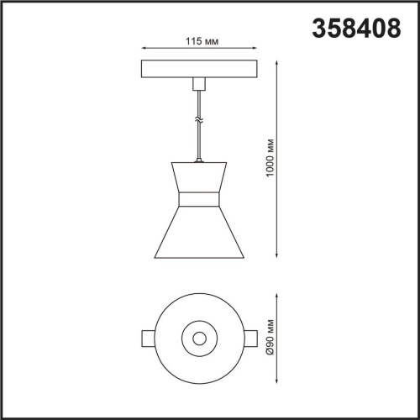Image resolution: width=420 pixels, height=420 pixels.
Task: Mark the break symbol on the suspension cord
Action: (x=200, y=121)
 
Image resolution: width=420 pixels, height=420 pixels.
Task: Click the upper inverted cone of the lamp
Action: (x=200, y=176)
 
